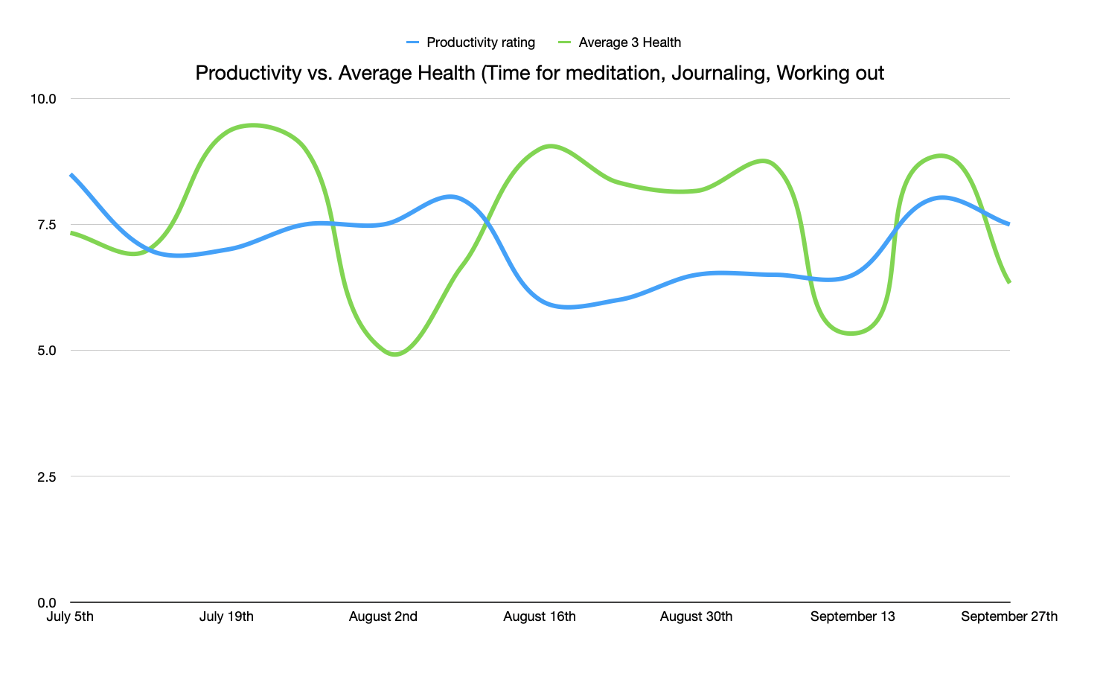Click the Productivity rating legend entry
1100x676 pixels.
point(480,42)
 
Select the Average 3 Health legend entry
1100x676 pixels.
point(629,42)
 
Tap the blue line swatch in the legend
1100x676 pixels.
point(413,42)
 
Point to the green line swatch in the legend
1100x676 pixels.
point(565,42)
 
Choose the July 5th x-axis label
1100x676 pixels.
point(70,616)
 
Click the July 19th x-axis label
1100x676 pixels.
point(226,616)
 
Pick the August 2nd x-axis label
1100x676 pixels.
point(383,616)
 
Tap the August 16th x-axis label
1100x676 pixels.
point(540,616)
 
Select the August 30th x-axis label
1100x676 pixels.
point(696,616)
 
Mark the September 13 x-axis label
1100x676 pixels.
point(852,616)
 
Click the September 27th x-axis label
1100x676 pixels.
point(1008,616)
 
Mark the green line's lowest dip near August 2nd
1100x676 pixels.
point(394,354)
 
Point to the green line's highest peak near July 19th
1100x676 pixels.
point(253,125)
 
